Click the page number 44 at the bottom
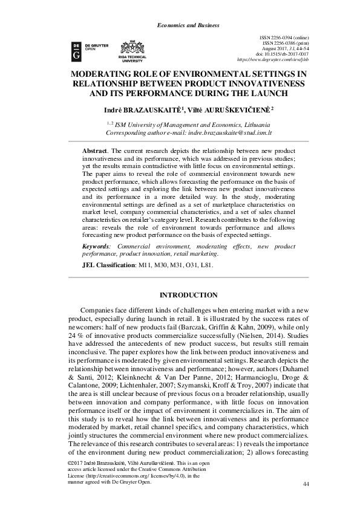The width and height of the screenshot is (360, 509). [305, 484]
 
